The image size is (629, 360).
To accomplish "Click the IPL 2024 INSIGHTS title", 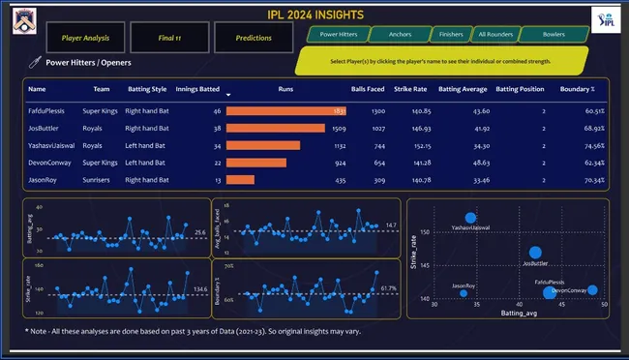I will click(314, 14).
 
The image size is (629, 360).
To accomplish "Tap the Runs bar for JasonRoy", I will click(241, 179).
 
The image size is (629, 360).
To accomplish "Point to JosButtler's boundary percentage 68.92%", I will click(592, 128).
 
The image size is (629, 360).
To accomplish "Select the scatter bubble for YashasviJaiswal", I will click(470, 219).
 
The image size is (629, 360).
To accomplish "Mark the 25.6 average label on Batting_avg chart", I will click(199, 232).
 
